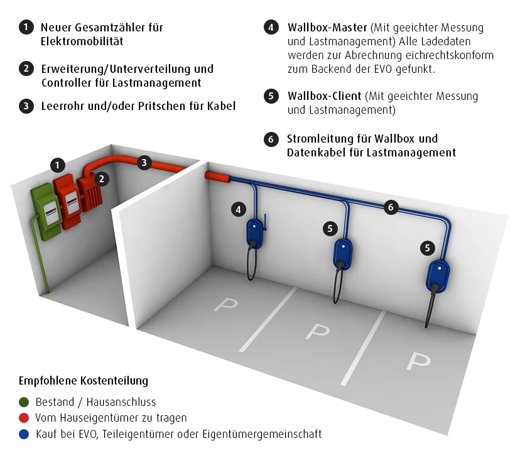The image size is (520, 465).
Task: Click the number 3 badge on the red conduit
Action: click(144, 163)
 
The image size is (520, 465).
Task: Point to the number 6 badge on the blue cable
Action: click(390, 207)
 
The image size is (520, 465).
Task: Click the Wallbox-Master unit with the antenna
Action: click(255, 232)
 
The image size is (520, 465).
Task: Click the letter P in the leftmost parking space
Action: click(225, 304)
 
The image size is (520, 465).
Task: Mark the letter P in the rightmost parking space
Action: click(418, 361)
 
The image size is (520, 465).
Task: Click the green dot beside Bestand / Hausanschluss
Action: click(24, 402)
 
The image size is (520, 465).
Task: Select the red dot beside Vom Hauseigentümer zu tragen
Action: click(24, 418)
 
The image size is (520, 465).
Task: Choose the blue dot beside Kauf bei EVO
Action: click(24, 434)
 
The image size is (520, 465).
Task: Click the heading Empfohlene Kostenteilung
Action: click(84, 381)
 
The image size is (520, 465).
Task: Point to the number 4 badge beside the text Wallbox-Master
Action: click(271, 28)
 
